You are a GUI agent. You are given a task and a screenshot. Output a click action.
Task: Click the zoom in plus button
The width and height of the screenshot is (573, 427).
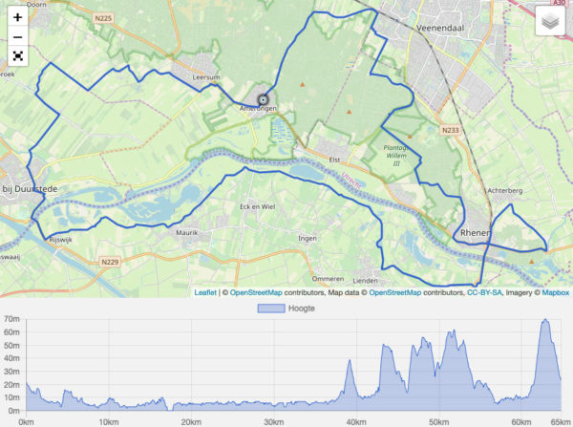[x=17, y=17]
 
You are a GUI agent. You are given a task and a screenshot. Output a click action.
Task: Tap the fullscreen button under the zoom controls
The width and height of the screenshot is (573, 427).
[x=17, y=55]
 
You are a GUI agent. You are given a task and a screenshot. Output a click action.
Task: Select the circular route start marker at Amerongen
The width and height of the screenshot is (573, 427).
[x=264, y=98]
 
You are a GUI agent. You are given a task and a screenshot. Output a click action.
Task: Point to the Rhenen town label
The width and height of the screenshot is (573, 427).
[x=474, y=232]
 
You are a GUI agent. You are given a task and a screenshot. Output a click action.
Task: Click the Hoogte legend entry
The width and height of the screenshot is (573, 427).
[x=286, y=310]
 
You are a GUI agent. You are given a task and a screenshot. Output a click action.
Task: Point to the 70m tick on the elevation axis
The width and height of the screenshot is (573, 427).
[x=11, y=319]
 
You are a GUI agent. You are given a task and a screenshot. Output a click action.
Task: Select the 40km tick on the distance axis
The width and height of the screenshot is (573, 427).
[x=356, y=421]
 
